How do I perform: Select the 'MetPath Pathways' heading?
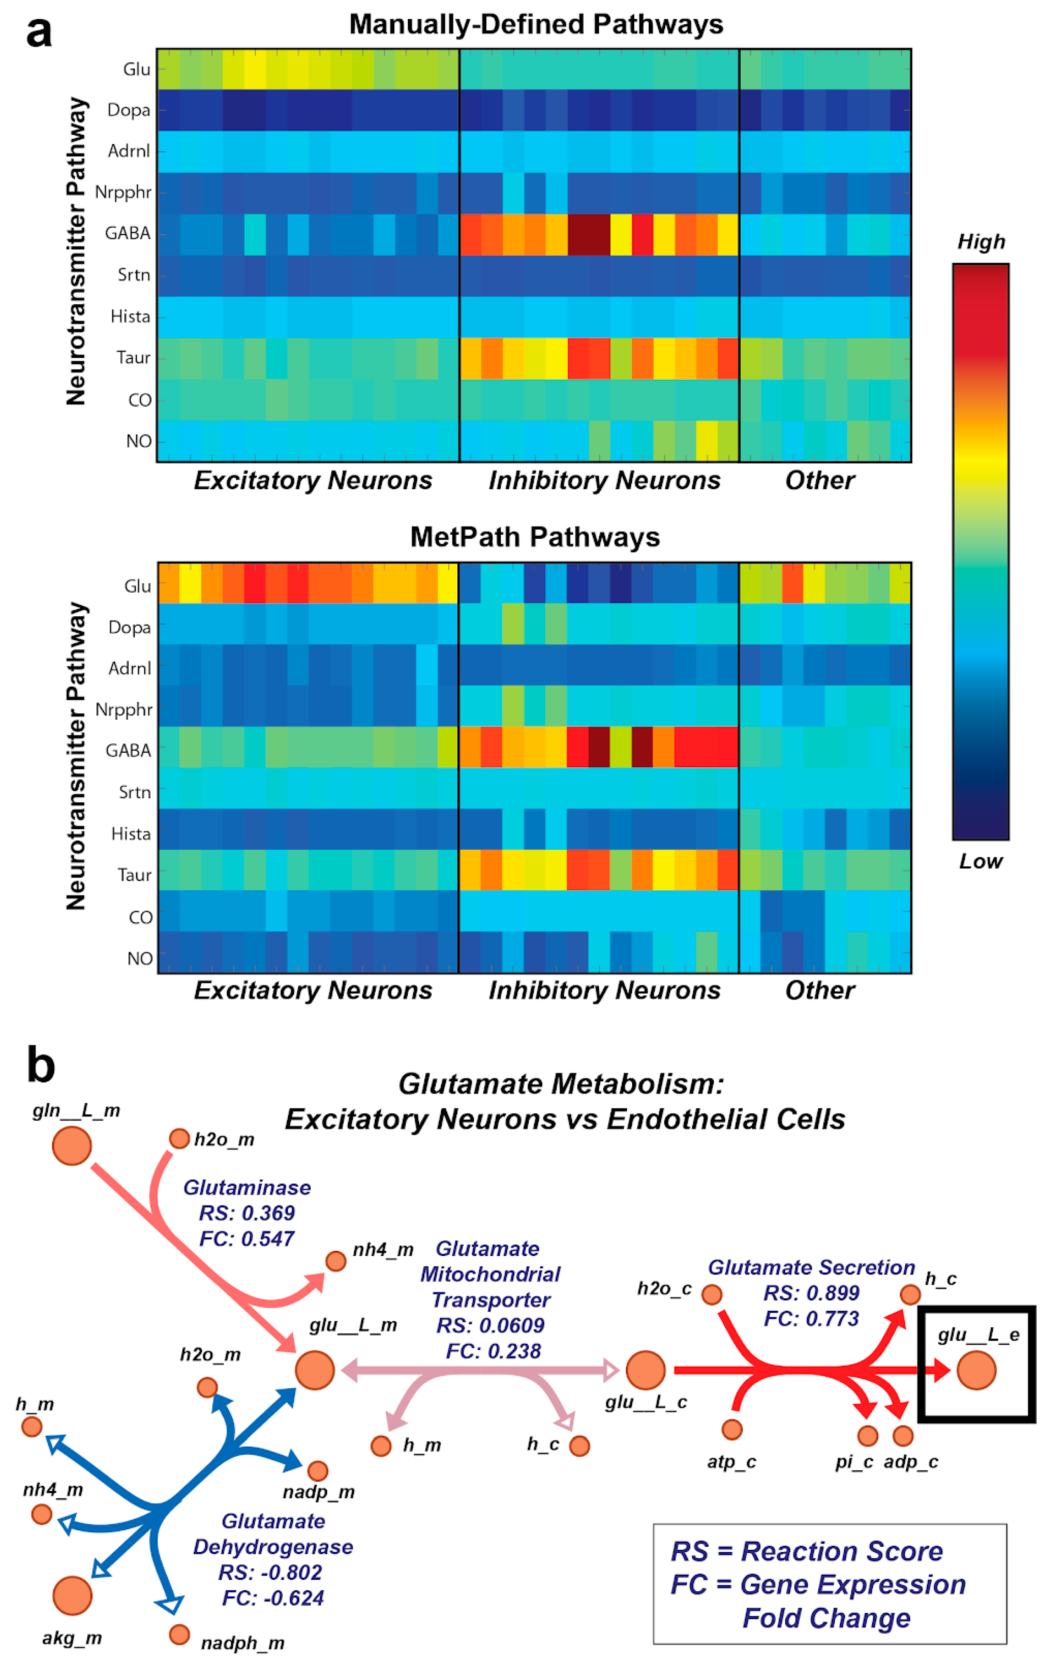tap(535, 537)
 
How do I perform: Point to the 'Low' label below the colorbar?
tap(980, 862)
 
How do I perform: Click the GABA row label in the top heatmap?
tap(128, 233)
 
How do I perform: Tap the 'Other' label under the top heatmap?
tap(820, 481)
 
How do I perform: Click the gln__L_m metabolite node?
tap(72, 1146)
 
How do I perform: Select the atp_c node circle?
tap(732, 1429)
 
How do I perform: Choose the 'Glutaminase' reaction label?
tap(247, 1187)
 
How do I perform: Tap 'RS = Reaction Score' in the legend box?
tap(807, 1551)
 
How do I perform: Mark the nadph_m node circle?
tap(179, 1634)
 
